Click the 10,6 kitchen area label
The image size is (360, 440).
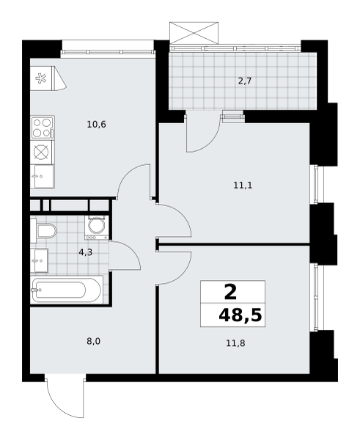[96, 124]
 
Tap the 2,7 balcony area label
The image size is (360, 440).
[244, 81]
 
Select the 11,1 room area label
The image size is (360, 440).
[243, 186]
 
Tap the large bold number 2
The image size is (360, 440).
[230, 292]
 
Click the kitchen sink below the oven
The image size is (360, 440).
[42, 176]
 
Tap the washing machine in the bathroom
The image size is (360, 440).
[95, 227]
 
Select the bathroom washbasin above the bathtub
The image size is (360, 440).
[40, 259]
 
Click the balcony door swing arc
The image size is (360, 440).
[202, 136]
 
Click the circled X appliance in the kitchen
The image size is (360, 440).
[41, 152]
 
